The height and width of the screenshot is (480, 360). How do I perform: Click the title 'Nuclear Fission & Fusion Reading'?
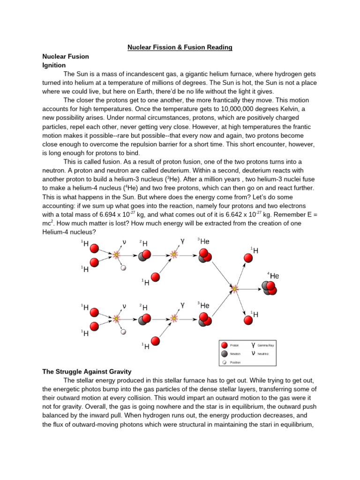click(x=180, y=47)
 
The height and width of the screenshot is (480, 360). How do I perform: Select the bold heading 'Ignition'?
click(x=54, y=65)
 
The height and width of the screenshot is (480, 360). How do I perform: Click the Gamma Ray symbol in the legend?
click(x=253, y=345)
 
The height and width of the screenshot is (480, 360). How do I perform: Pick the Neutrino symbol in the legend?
click(x=253, y=353)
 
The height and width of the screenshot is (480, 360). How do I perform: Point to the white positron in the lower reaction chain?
click(x=123, y=332)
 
